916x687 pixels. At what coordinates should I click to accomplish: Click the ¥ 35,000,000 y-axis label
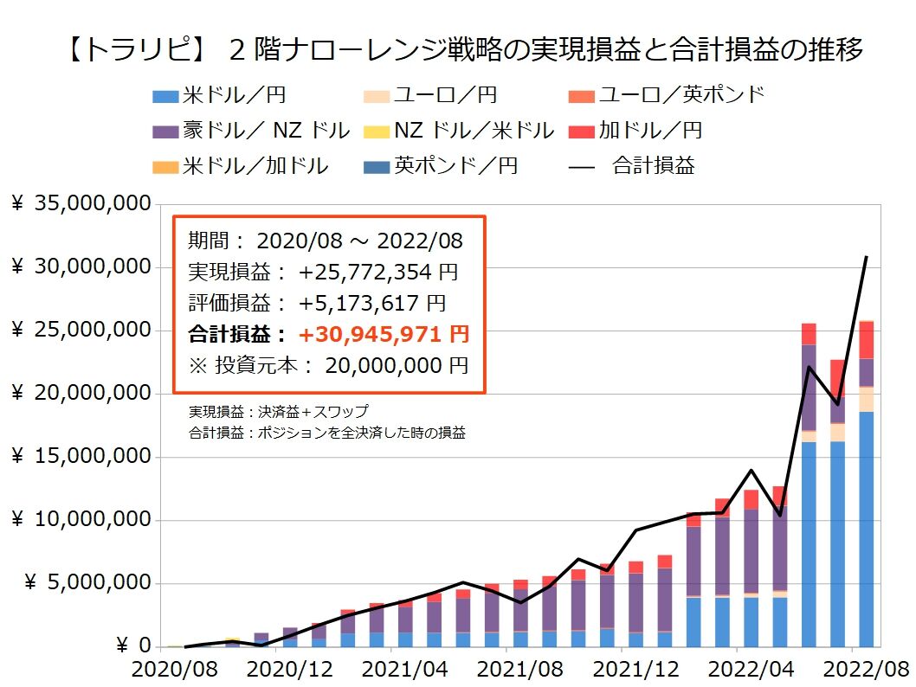click(x=82, y=204)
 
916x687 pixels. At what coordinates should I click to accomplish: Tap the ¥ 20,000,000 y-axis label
click(x=82, y=394)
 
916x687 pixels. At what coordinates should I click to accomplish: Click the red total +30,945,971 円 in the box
click(x=384, y=333)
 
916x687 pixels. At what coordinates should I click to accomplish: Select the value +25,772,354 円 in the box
click(x=378, y=272)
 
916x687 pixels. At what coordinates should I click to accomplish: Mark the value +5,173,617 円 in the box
click(x=372, y=303)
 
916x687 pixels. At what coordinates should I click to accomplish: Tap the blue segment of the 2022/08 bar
click(x=866, y=528)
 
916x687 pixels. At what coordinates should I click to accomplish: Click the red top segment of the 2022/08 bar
click(x=866, y=339)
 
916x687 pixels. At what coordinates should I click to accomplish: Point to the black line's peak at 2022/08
click(x=866, y=257)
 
